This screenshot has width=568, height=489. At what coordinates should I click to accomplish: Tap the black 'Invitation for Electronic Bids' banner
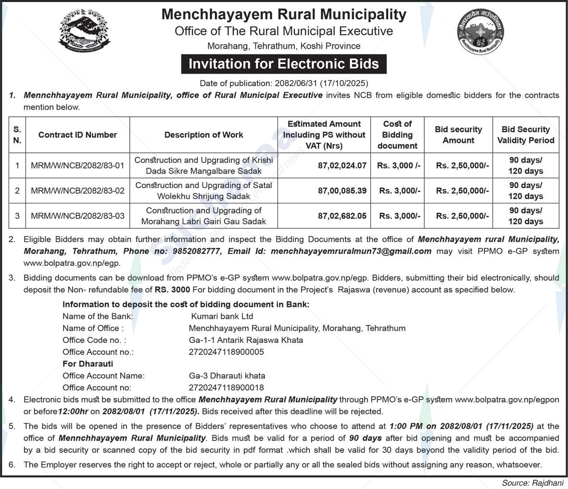pos(284,64)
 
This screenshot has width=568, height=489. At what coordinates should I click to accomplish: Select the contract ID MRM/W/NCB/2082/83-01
pos(77,165)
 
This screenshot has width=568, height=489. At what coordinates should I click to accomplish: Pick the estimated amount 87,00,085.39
pos(342,191)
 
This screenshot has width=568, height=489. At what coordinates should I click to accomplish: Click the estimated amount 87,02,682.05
pos(342,216)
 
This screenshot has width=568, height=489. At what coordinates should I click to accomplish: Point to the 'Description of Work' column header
pos(203,135)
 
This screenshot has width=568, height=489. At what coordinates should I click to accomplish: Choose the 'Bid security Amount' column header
pos(458,135)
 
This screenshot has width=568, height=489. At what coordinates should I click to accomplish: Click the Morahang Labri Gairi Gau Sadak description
pos(203,216)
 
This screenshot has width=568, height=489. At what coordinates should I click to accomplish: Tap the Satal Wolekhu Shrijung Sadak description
pos(203,191)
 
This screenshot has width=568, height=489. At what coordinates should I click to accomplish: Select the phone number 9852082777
pos(199,251)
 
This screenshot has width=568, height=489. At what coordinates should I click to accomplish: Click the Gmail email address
pos(351,251)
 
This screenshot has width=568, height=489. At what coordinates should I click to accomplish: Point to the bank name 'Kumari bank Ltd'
pos(222,316)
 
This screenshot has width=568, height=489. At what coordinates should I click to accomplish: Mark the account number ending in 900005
pos(226,352)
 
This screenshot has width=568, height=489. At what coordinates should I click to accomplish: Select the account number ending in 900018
pos(226,388)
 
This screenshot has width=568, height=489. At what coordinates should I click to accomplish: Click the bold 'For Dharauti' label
pos(88,364)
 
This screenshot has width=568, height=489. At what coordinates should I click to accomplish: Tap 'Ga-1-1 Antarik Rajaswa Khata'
pos(246,340)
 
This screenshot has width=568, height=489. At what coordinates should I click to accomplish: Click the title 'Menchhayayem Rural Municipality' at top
pos(284,14)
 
